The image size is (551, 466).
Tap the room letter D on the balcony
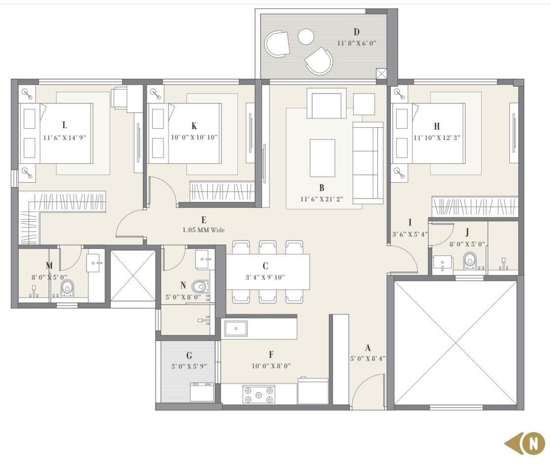356,33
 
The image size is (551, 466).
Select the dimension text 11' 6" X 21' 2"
321,199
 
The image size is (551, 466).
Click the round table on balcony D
306,36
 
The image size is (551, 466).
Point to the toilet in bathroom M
67,287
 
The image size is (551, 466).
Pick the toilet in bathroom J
469,261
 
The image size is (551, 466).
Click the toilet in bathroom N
201,286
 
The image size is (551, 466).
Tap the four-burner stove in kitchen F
259,394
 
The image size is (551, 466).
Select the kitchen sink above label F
236,328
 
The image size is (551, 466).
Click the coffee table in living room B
322,158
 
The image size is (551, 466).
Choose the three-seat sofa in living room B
367,163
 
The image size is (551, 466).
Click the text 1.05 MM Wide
203,230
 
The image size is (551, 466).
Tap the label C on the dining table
266,266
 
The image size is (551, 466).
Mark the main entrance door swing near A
368,391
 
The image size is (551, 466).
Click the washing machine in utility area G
202,392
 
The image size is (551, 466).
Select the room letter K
194,126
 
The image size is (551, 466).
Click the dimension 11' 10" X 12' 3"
437,138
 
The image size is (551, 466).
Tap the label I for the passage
410,223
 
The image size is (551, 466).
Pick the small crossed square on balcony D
381,74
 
